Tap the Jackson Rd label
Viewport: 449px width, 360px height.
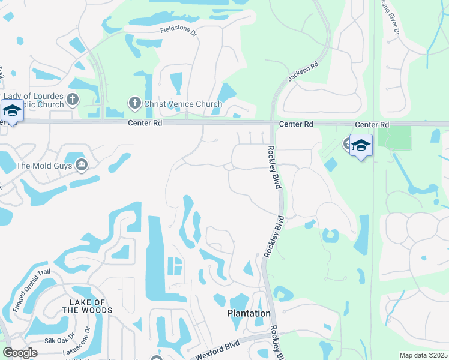tap(301, 73)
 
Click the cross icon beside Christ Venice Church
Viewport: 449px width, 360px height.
tap(134, 104)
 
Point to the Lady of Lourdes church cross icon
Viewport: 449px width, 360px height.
tap(72, 100)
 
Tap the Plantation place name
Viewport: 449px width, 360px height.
tap(249, 313)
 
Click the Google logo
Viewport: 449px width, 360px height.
tap(20, 352)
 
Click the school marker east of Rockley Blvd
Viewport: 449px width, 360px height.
tap(361, 146)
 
